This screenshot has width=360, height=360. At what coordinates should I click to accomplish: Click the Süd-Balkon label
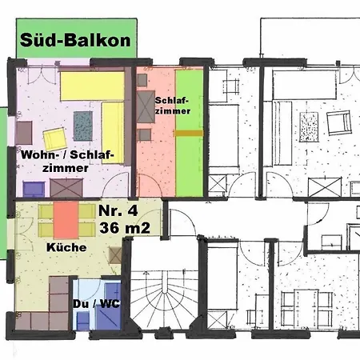[76, 40]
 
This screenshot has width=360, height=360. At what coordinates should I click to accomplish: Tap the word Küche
[66, 248]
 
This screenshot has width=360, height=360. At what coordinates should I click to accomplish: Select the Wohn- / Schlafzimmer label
[67, 161]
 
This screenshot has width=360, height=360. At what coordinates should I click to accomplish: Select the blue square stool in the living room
[33, 190]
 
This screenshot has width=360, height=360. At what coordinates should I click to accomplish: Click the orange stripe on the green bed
[190, 133]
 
